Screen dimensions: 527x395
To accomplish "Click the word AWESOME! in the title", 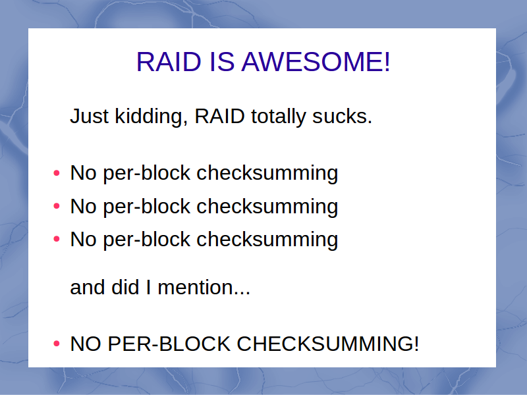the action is (316, 62).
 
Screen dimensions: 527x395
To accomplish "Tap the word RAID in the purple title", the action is (169, 62).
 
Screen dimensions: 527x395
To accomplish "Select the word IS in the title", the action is (222, 62).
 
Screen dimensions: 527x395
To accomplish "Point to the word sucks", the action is (342, 117).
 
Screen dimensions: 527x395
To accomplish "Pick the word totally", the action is (278, 117).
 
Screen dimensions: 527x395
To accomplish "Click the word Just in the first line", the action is (89, 117).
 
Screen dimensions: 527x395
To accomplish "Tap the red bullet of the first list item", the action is (57, 173).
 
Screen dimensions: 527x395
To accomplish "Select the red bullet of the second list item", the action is (57, 206).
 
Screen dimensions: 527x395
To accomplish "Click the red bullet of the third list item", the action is (57, 239).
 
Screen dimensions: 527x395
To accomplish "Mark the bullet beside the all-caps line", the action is (57, 344).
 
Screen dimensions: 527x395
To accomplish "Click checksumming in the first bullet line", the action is (267, 174).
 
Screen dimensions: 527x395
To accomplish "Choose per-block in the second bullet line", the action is (146, 207).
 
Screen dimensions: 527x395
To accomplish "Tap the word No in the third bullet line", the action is (84, 240).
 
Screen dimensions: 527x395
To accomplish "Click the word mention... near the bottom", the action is (204, 288).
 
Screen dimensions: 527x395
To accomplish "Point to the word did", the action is (125, 287).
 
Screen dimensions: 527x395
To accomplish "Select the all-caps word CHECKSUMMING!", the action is (328, 344).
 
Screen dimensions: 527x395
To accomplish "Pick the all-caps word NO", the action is (86, 344).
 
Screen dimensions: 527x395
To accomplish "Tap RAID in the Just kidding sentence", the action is (220, 117).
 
